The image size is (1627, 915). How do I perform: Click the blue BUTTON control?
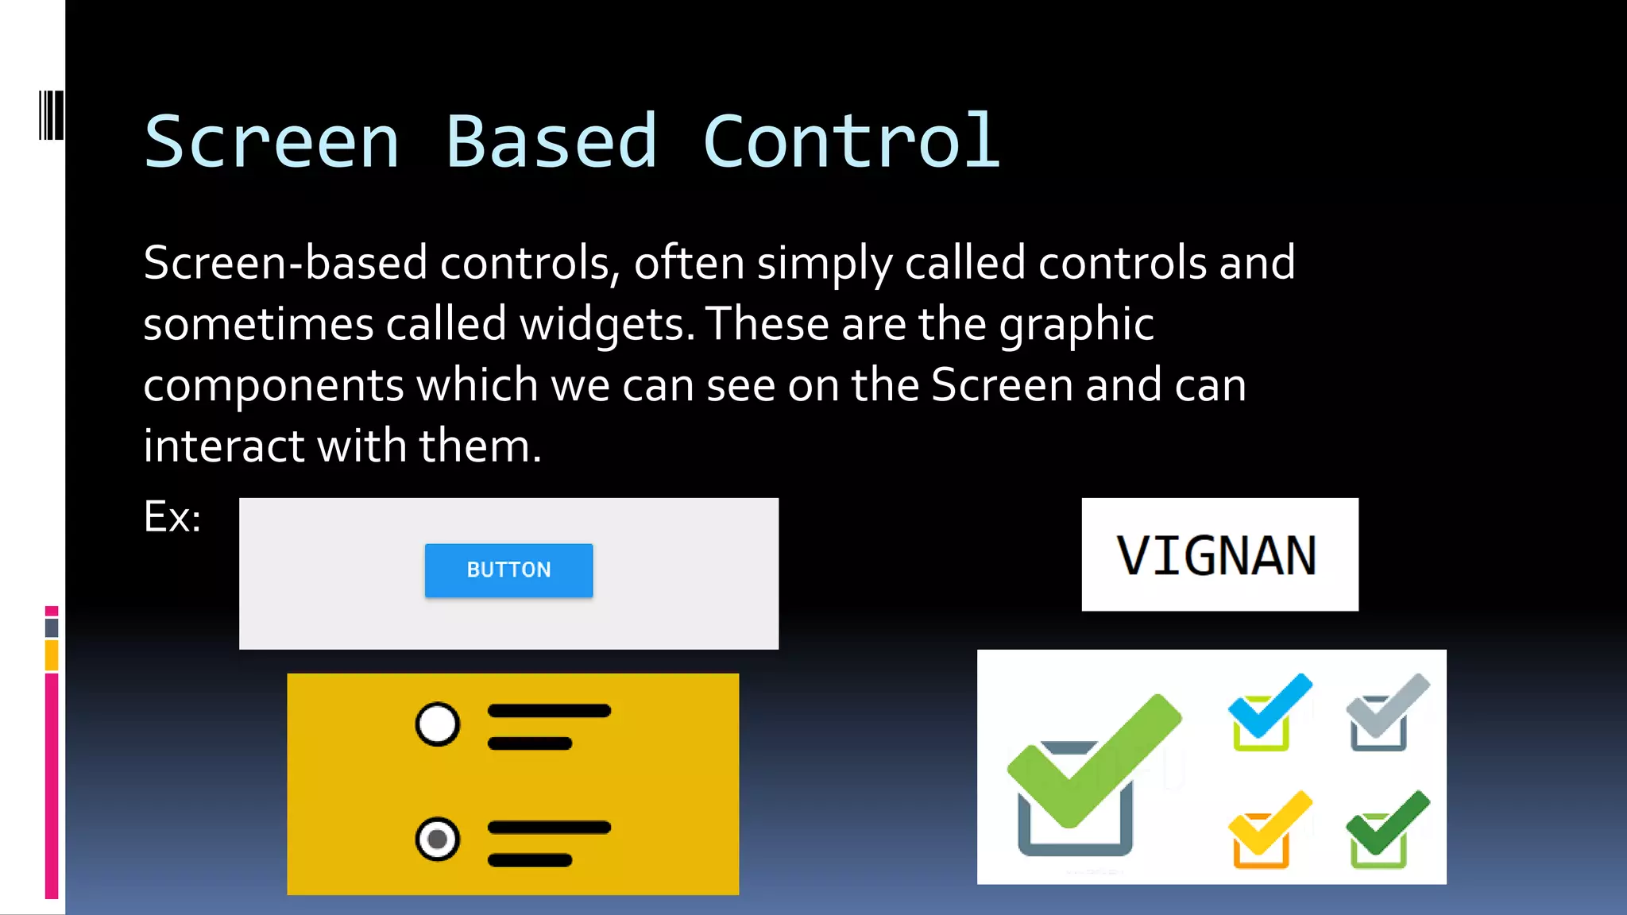(508, 570)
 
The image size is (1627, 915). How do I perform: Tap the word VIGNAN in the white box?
(1217, 555)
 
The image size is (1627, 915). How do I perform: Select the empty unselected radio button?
(438, 724)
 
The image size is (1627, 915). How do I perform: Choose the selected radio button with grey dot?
(438, 839)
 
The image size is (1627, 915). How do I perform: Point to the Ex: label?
(172, 517)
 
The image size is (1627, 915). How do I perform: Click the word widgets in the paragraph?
(607, 324)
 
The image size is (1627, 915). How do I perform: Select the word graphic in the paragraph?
(1076, 324)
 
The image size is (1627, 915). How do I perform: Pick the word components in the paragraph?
(273, 385)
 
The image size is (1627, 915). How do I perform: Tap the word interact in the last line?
(223, 446)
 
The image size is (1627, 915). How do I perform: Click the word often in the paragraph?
(688, 263)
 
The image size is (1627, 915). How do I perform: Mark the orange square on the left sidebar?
(52, 656)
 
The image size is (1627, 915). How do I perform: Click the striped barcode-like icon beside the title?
(51, 116)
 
